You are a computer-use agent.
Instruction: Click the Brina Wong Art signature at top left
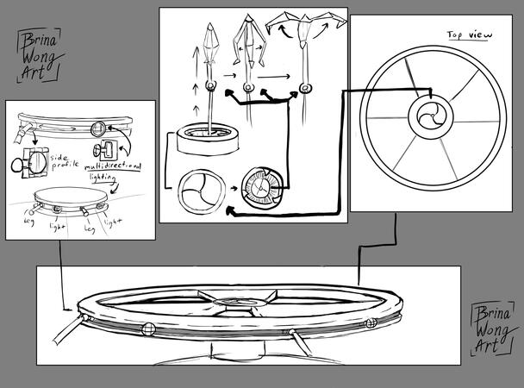[38, 54]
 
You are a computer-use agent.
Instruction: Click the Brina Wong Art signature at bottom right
[491, 328]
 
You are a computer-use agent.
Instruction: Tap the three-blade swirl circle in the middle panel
[201, 192]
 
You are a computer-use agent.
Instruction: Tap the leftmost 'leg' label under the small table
[31, 221]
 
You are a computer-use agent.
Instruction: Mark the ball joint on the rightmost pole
[305, 86]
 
